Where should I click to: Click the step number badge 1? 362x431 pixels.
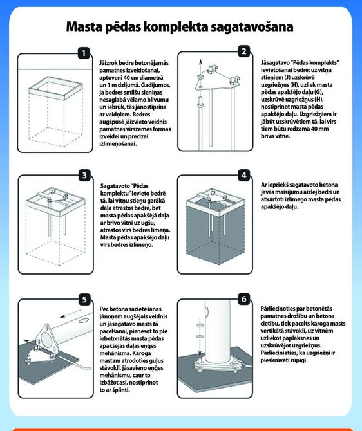84,53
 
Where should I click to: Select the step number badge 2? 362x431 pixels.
244,51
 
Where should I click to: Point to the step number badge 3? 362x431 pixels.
84,176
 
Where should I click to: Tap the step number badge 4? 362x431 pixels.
244,176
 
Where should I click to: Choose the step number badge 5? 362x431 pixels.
84,299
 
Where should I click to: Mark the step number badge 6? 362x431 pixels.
244,298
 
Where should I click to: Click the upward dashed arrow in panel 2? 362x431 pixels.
201,66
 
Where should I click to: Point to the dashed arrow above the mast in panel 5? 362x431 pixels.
71,313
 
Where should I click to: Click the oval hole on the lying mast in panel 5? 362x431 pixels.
82,320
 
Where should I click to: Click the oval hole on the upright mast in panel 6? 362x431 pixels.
207,312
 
